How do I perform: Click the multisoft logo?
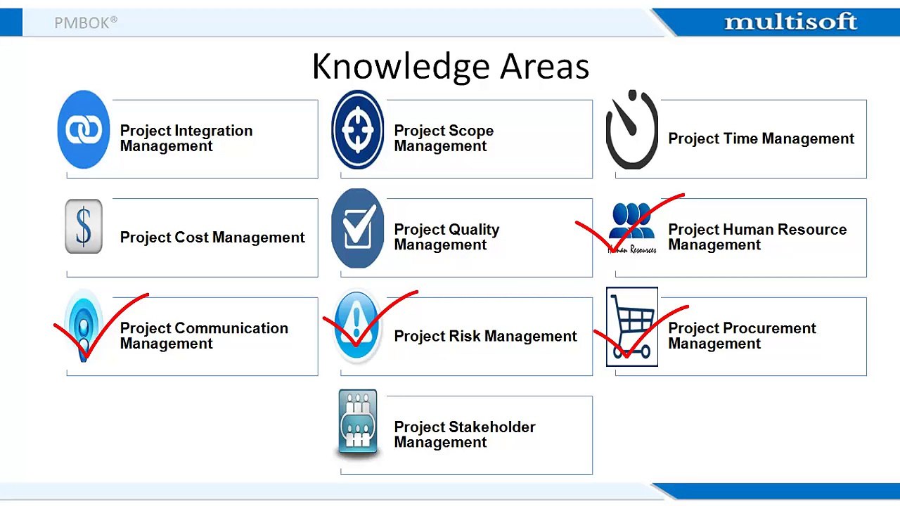(x=791, y=22)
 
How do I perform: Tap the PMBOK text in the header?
(x=86, y=22)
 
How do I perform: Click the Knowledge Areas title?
(x=451, y=66)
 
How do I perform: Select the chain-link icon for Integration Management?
(x=84, y=129)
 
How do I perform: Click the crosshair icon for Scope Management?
(x=358, y=129)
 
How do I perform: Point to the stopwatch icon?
(x=631, y=129)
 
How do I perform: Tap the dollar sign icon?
(x=84, y=226)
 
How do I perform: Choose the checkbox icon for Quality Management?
(x=358, y=228)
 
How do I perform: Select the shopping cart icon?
(x=632, y=327)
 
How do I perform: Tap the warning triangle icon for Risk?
(x=356, y=326)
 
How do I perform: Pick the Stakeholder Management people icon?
(x=358, y=422)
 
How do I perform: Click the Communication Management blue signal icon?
(x=84, y=326)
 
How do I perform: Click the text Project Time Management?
(x=761, y=138)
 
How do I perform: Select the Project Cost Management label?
(x=212, y=238)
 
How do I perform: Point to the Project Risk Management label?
(x=485, y=336)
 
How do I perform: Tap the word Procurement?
(x=769, y=328)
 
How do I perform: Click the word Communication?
(x=231, y=328)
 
